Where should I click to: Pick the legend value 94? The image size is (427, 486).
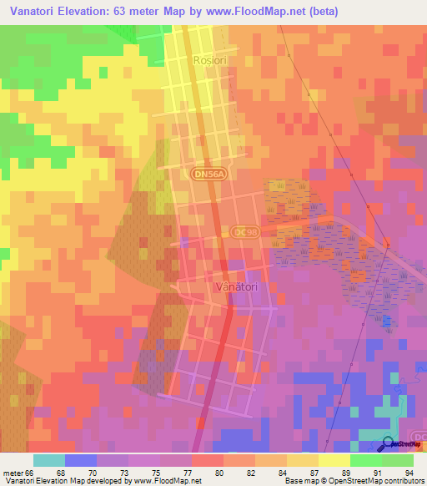point(409,472)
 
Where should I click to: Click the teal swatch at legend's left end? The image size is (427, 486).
point(49,460)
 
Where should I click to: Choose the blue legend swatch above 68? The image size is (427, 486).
point(81,460)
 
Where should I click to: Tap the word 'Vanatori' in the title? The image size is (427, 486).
point(33,12)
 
